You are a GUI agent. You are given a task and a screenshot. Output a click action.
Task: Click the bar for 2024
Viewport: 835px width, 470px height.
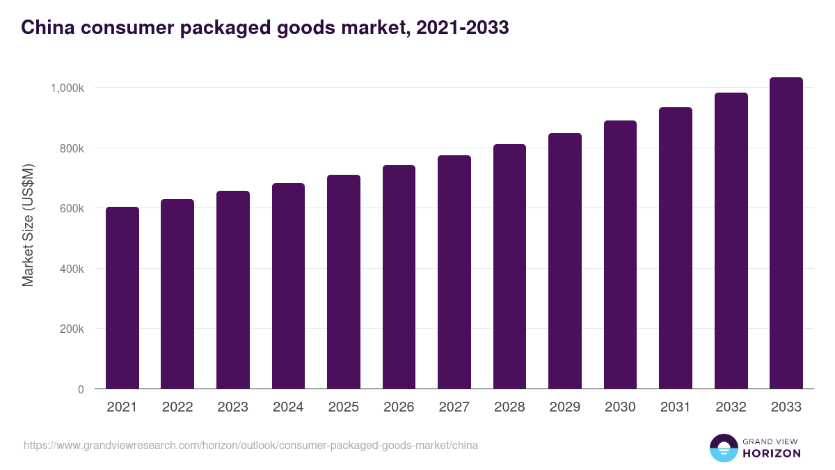point(288,286)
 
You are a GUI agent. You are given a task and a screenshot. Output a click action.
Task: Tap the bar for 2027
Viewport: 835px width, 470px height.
point(454,272)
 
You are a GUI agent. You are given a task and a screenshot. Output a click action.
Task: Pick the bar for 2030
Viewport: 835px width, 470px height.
point(620,255)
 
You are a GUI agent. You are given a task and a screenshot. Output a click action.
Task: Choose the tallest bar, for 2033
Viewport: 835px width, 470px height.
point(786,233)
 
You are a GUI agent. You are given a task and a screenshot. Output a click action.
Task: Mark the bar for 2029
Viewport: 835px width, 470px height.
point(565,261)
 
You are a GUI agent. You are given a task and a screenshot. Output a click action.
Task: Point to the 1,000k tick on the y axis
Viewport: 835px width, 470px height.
point(67,88)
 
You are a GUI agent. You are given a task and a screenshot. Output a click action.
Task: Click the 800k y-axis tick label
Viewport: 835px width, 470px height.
point(71,148)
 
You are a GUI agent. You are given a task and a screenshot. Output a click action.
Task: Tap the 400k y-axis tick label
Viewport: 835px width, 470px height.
point(71,269)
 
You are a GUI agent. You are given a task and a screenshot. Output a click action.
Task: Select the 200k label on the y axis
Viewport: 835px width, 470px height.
point(71,329)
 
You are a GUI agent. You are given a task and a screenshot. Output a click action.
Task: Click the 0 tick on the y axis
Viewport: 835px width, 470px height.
point(81,389)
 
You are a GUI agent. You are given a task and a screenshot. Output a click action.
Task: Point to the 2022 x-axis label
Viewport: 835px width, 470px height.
point(177,407)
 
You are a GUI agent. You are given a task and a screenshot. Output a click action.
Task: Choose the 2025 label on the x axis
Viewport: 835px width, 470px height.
point(344,407)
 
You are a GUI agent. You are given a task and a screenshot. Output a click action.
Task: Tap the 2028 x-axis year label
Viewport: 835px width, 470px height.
point(509,407)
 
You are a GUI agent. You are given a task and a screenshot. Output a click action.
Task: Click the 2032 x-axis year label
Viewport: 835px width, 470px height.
point(731,407)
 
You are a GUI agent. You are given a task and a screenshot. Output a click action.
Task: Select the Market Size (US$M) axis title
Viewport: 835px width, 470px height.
point(28,225)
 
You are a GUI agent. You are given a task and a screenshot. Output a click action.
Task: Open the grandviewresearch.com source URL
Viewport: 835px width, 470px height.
point(250,445)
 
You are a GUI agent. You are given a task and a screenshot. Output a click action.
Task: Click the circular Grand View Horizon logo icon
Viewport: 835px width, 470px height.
point(723,448)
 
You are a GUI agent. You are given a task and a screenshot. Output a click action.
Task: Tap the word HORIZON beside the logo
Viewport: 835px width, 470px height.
point(771,453)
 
